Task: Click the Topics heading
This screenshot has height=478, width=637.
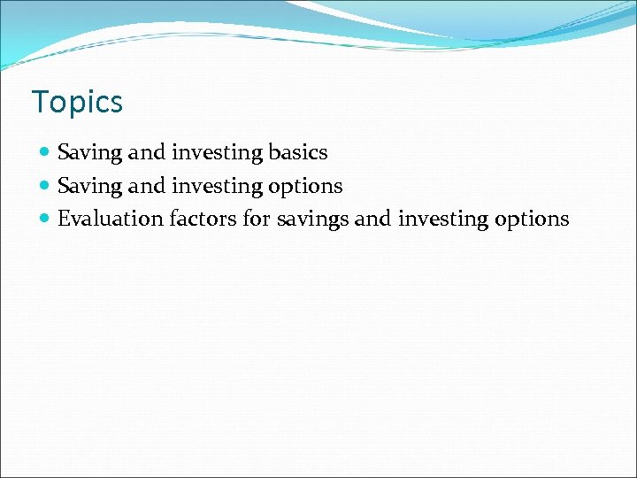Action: click(x=77, y=103)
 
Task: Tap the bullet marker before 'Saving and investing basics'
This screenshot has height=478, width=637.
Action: click(x=46, y=153)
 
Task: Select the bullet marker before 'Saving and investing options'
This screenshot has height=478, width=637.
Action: click(x=46, y=186)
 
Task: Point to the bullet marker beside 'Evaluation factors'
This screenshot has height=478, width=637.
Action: click(x=46, y=219)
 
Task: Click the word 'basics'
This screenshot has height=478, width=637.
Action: click(x=298, y=152)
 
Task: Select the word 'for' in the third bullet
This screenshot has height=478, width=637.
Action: click(x=257, y=219)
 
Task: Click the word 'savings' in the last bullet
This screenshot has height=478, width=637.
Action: click(x=312, y=220)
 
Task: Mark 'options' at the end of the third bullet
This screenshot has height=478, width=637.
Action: click(x=532, y=220)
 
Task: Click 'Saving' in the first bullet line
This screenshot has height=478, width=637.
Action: click(x=89, y=153)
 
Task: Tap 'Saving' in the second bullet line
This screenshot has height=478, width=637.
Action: click(x=89, y=186)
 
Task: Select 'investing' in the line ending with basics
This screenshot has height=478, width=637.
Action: click(x=216, y=153)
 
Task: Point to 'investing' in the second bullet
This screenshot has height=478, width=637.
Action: click(x=216, y=186)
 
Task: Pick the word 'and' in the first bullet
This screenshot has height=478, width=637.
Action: click(x=146, y=152)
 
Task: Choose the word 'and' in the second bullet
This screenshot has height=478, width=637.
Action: click(x=146, y=185)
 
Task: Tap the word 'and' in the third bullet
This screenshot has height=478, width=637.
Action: click(x=372, y=219)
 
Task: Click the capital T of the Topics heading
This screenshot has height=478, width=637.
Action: click(x=41, y=102)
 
